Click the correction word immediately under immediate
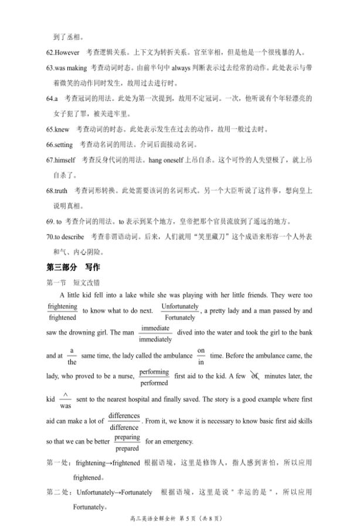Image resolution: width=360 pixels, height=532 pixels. click(155, 340)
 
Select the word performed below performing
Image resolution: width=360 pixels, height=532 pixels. click(155, 383)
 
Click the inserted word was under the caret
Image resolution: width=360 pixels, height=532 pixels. click(66, 406)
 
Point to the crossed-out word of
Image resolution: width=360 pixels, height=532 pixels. click(254, 377)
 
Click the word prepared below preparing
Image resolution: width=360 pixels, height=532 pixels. click(127, 449)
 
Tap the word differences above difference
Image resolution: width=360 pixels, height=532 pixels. click(124, 416)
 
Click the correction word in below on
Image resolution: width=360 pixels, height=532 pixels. click(201, 362)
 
